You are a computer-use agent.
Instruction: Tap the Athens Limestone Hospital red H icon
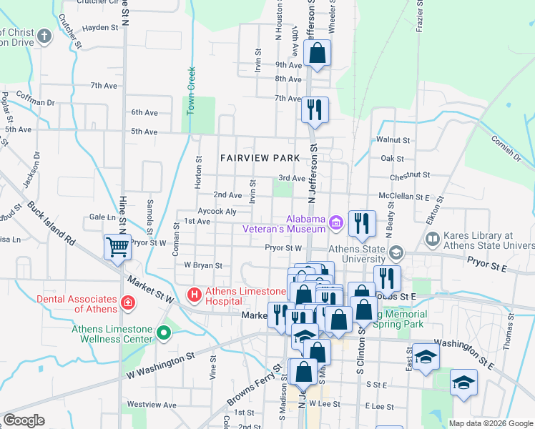coord(193,295)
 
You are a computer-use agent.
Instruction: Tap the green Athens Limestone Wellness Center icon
coord(164,333)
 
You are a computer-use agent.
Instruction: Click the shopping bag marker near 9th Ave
coord(316,53)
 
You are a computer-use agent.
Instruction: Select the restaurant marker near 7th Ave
coord(315,109)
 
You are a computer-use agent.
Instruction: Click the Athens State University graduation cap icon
coord(396,253)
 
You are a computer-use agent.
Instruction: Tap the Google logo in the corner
coord(24,420)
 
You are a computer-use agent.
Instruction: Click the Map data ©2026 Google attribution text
coord(490,423)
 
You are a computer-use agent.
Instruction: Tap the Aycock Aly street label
coord(217,212)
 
